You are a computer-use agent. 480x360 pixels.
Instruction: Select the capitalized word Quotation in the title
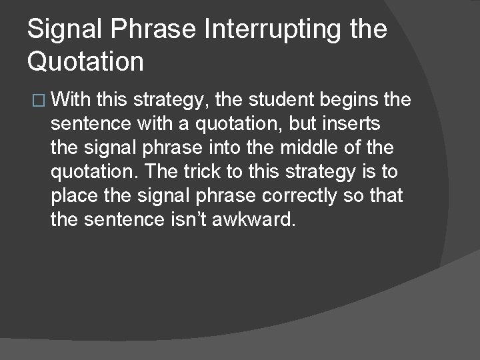[x=85, y=62]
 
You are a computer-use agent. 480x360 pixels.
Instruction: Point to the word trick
[x=200, y=172]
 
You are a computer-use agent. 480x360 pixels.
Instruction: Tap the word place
[x=76, y=196]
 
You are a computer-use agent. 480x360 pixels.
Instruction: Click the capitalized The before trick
[x=157, y=172]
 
